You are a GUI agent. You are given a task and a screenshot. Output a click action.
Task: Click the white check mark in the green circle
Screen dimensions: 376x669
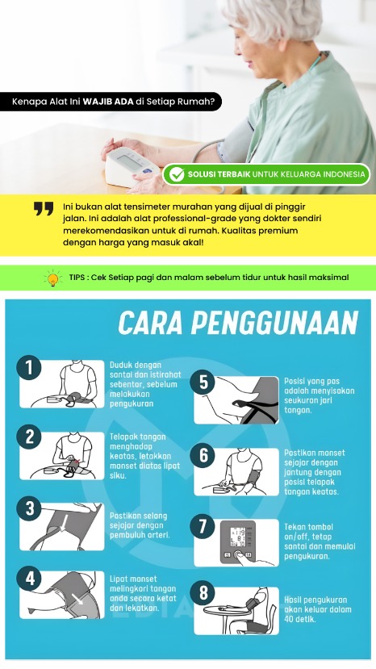[177, 174]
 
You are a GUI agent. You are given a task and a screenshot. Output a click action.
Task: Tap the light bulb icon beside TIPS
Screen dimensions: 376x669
[53, 278]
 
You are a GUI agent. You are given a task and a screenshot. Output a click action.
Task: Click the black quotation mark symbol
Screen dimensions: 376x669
[44, 209]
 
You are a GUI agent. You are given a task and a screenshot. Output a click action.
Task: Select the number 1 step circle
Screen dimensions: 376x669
[29, 367]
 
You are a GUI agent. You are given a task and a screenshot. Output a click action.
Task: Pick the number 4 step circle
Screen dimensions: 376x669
[29, 579]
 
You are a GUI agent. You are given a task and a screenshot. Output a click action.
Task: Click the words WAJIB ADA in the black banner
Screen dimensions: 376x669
[108, 102]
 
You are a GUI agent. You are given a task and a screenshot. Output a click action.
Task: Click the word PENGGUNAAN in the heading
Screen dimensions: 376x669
[274, 323]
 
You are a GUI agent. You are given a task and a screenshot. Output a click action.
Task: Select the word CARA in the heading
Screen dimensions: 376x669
[151, 323]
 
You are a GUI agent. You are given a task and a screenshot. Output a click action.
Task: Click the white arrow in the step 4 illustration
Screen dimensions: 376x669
[78, 598]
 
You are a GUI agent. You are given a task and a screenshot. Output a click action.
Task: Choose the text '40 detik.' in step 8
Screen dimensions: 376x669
[300, 619]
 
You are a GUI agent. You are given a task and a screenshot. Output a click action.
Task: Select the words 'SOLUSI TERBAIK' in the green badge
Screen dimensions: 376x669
[219, 174]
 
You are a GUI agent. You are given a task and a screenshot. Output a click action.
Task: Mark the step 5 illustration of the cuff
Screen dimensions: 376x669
[236, 399]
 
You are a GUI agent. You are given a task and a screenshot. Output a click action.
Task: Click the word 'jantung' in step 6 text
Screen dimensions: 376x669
[298, 472]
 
